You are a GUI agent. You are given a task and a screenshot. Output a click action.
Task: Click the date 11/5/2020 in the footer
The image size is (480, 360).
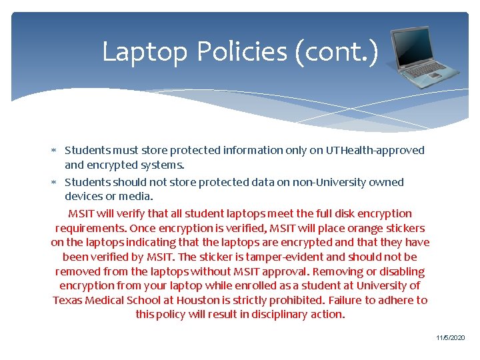[x=451, y=339]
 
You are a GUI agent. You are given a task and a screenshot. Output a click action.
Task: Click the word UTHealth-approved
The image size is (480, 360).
[x=375, y=150]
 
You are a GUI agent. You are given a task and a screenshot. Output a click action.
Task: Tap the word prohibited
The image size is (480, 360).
[x=296, y=300]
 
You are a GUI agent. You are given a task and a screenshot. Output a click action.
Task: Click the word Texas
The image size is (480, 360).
[x=68, y=300]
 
